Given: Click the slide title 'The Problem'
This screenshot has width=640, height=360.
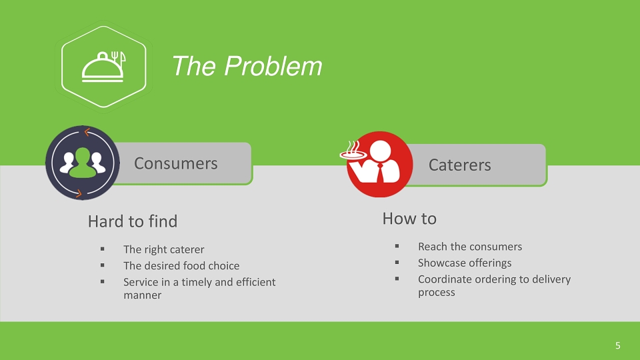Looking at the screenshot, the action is [x=247, y=66].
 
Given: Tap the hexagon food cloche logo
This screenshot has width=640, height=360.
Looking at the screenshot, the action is [x=104, y=67].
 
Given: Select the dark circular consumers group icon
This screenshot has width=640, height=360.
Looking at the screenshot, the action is [x=83, y=163].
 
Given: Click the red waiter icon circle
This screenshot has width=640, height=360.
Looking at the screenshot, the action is [x=379, y=164].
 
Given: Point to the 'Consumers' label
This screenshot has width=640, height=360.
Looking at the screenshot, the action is [x=176, y=163].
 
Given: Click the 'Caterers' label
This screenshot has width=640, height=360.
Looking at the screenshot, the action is [x=459, y=165].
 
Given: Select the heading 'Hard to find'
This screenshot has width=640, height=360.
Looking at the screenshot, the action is [x=133, y=221].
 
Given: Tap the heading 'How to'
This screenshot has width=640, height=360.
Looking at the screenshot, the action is [x=409, y=219].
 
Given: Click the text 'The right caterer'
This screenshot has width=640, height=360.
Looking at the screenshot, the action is [x=164, y=249].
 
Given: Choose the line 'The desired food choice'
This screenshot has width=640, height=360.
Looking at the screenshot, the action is [x=181, y=266].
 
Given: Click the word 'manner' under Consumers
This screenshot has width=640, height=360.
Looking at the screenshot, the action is [x=143, y=295].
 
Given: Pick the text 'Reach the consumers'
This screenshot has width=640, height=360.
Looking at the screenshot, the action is [x=470, y=247].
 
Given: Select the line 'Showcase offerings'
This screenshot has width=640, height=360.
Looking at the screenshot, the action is [x=465, y=263].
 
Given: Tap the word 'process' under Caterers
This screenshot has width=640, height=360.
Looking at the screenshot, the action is [x=436, y=292].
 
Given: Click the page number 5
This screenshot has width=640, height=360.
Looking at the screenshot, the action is [x=617, y=346].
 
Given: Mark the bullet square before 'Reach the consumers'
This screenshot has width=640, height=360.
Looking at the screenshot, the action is [x=397, y=246].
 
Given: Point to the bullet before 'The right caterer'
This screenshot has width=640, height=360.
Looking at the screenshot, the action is [x=102, y=249].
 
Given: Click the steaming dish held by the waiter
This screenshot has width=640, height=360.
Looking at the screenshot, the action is [x=353, y=151].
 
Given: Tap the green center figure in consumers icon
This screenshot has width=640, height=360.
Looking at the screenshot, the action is [x=83, y=163].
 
